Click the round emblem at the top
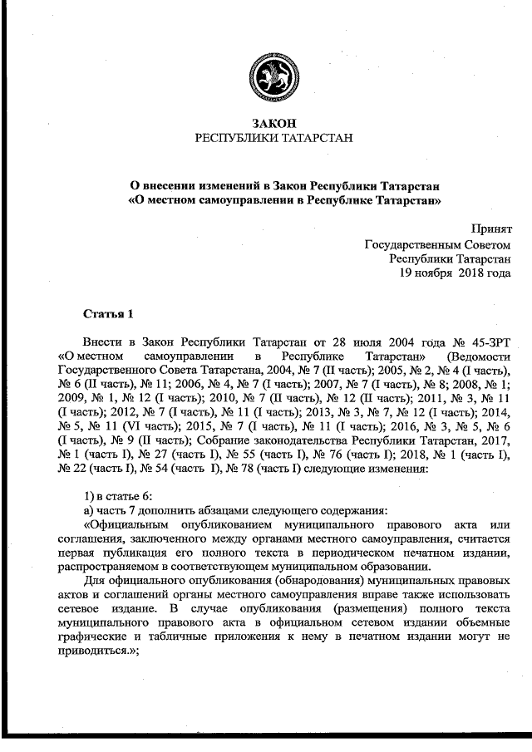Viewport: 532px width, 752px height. (267, 78)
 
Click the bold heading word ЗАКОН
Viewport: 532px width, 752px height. (267, 122)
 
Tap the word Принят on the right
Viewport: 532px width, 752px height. (490, 229)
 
